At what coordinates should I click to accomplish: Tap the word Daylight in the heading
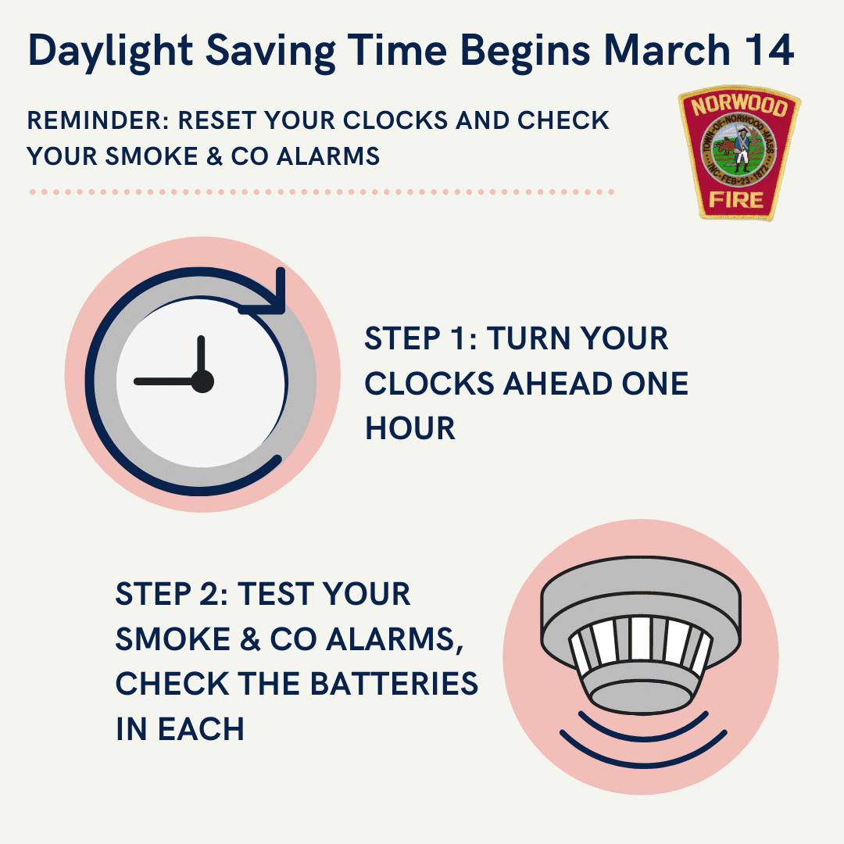[110, 53]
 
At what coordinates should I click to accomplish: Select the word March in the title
[667, 50]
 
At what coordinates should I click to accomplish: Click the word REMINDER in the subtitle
[98, 120]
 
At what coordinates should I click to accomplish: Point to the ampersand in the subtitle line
[214, 156]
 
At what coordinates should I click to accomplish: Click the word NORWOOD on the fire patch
[739, 105]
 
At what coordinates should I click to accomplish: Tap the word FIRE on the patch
[736, 200]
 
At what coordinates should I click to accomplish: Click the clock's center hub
[202, 381]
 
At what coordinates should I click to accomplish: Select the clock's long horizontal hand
[163, 381]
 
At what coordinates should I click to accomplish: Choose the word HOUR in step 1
[410, 428]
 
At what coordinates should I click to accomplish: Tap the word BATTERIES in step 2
[394, 684]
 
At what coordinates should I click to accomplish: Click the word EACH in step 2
[201, 729]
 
